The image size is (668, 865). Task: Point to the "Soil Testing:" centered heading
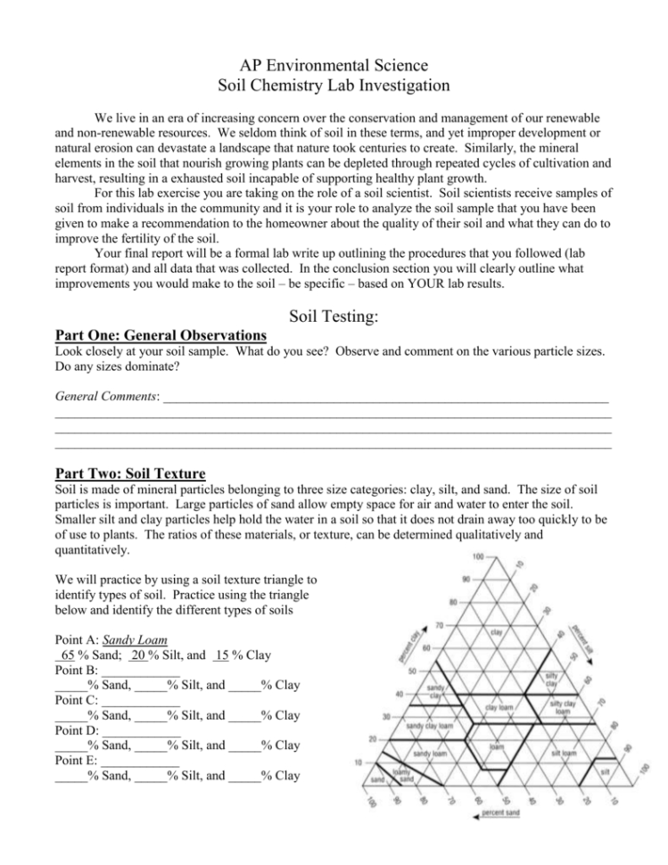click(x=334, y=315)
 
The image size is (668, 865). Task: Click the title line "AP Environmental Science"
click(x=334, y=65)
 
